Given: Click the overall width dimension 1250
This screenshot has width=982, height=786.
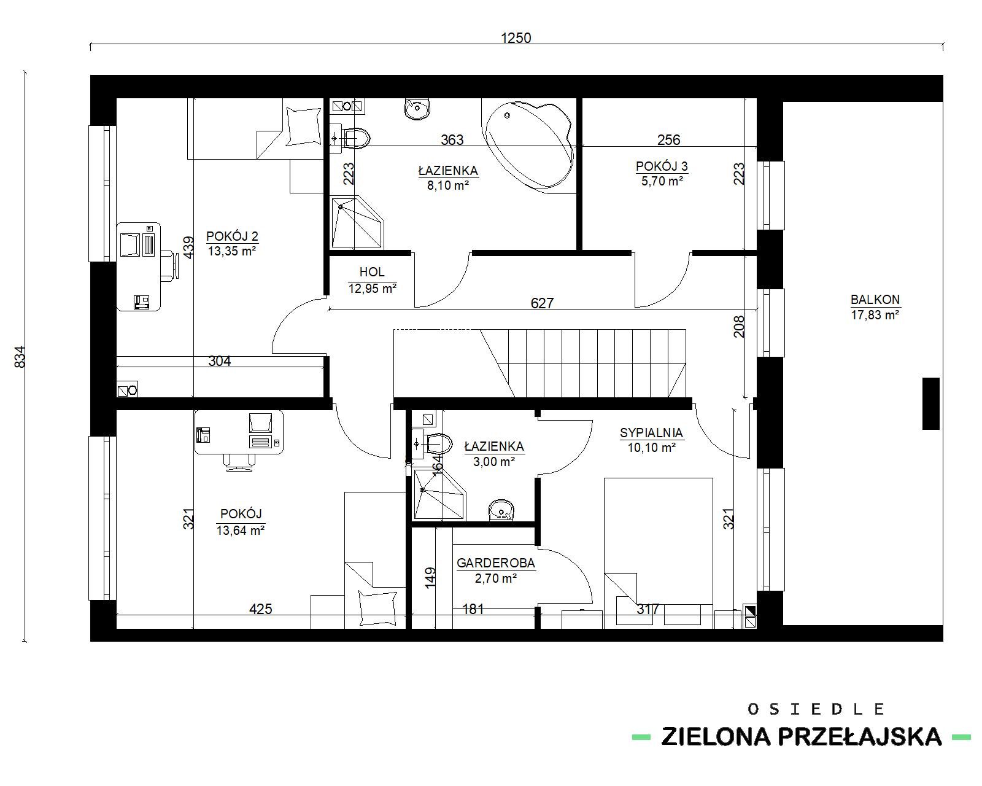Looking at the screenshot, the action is coord(516,38).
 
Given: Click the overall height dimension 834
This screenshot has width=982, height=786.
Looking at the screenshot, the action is coord(20,357).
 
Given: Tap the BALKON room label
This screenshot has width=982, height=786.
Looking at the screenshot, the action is coord(875,300).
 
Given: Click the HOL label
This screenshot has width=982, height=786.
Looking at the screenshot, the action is coord(372,272).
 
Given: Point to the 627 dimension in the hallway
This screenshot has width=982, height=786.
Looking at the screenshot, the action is coord(542,303).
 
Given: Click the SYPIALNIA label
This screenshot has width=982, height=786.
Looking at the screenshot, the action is coord(651,432).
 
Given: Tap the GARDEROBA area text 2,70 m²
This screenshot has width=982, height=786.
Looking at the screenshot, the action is coord(495,578).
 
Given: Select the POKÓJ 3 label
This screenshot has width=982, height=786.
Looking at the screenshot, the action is coord(662,166).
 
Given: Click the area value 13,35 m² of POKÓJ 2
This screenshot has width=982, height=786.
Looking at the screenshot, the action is coord(232,251).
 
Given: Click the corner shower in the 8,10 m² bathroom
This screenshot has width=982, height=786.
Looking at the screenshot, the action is coord(357,223).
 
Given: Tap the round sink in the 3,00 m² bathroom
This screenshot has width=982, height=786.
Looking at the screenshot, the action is coord(501,510).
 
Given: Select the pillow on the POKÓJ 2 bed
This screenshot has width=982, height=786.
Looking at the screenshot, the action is coord(303,126).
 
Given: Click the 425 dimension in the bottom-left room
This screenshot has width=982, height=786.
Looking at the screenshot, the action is coord(261,609).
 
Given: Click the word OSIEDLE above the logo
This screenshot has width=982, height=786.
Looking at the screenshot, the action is coord(816,709).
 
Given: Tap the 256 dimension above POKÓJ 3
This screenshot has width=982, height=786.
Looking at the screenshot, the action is coord(668,140).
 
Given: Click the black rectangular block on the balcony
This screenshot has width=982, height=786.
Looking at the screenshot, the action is coord(931,403).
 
